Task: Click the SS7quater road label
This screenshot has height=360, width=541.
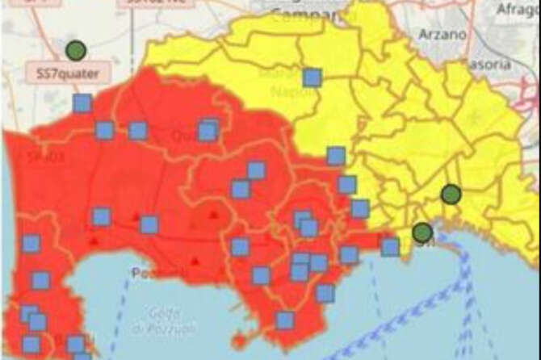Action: [x=69, y=73]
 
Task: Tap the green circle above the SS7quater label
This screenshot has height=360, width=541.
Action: [x=76, y=50]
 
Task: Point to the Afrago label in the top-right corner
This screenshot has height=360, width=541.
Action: [x=518, y=10]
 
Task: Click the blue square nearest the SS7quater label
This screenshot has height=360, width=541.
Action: [x=82, y=103]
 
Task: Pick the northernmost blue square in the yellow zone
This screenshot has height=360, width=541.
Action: [x=312, y=77]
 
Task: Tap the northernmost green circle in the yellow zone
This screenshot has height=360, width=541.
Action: [x=451, y=194]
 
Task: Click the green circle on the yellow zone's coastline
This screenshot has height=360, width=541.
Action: [x=422, y=232]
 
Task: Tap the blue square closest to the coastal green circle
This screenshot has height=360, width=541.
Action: [x=391, y=246]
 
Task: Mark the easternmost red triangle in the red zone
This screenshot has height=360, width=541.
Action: [x=213, y=215]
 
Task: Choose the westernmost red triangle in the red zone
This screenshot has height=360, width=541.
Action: [x=94, y=241]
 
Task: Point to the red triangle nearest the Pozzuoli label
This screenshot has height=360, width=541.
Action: [x=195, y=261]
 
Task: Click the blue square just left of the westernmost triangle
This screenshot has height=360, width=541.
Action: [x=31, y=243]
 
